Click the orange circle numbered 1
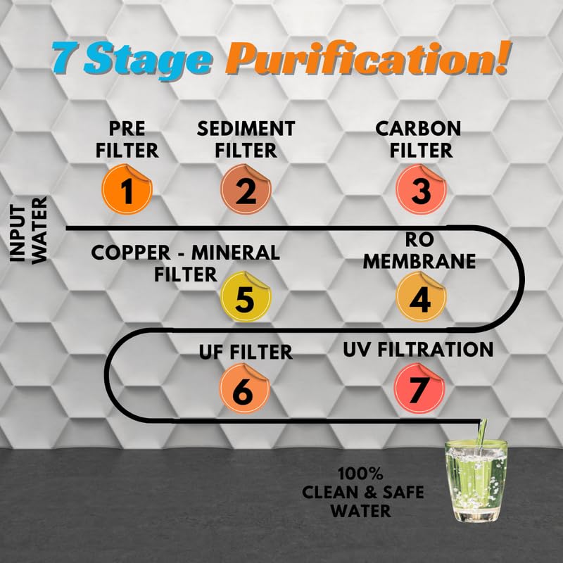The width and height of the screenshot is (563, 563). point(127,189)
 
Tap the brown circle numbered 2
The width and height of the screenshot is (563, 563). point(246,189)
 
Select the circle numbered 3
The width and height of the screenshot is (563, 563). point(421,189)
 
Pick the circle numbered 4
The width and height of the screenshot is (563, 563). point(421,296)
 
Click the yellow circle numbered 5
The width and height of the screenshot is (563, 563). point(246,296)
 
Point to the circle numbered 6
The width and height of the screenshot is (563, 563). point(244,388)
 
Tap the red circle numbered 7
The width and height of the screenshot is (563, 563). point(419,388)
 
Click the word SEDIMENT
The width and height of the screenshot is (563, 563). point(246,129)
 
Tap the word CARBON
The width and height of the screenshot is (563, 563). point(418,129)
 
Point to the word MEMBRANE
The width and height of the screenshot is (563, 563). point(419,261)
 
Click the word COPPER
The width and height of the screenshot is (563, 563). point(131,253)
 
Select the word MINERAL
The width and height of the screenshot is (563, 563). point(236,253)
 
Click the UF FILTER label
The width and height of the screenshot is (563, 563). point(246,352)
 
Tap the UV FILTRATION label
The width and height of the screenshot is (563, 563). point(418,349)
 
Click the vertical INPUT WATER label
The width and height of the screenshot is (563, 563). point(28,230)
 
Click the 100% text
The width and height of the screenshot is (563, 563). point(360,474)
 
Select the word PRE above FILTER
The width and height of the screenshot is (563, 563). point(127,129)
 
